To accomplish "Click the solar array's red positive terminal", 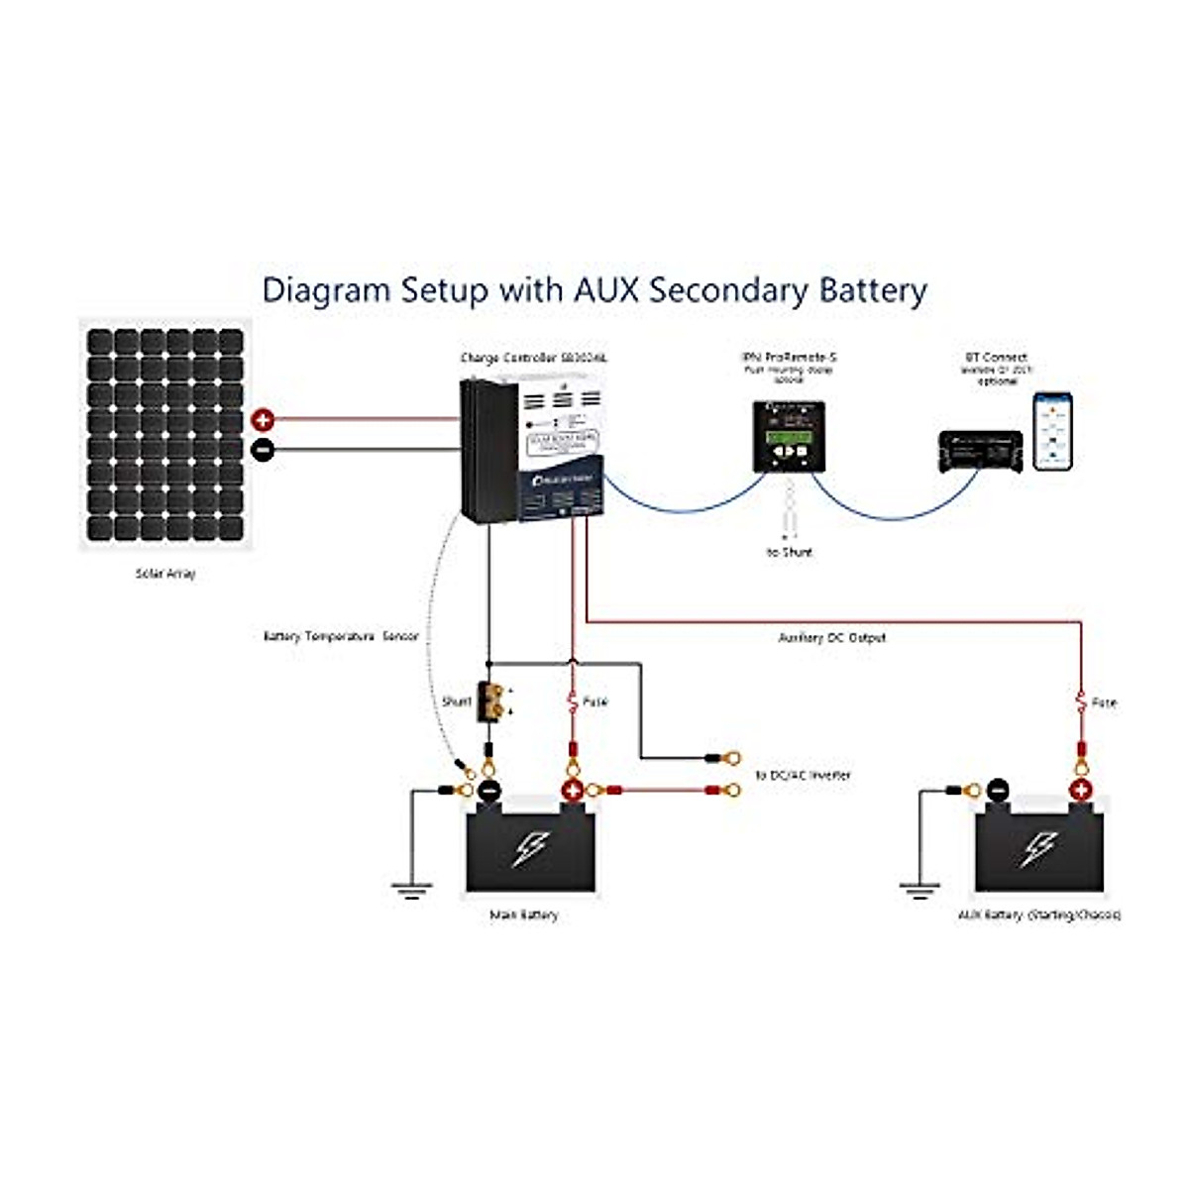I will click(263, 419).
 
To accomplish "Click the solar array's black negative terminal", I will click(263, 449).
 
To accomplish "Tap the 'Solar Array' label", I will click(165, 574).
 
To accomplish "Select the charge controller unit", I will click(532, 451).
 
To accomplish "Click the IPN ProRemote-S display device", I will click(789, 436).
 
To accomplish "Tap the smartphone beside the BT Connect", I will click(1052, 431).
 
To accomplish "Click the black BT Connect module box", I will click(980, 452).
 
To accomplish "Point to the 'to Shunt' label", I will click(789, 552).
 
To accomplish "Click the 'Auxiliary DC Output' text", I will click(832, 637).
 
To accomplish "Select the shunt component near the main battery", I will click(490, 702).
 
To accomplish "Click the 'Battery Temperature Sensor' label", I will click(341, 636).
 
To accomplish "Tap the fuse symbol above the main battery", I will click(572, 702).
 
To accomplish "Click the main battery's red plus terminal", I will click(572, 791).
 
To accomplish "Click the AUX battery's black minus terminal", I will click(998, 791).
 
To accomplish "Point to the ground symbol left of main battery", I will click(411, 889).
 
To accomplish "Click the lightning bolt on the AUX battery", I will click(1038, 848).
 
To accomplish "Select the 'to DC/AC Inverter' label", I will click(803, 775).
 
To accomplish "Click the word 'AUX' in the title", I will click(606, 290).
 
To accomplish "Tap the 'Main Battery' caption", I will click(524, 915).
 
